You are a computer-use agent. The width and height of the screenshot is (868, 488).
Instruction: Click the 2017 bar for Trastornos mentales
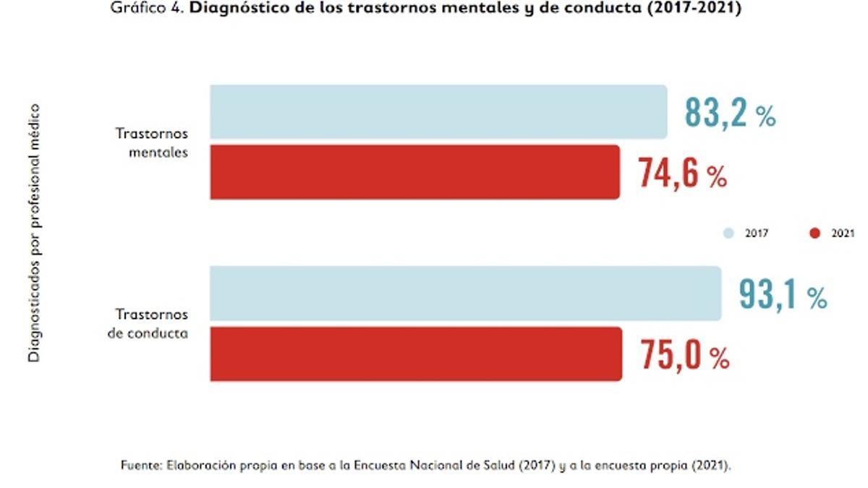pyautogui.click(x=438, y=111)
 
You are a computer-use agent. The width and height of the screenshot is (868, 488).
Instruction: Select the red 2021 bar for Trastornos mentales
pyautogui.click(x=414, y=172)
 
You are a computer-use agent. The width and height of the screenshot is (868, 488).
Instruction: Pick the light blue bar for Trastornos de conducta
pyautogui.click(x=465, y=293)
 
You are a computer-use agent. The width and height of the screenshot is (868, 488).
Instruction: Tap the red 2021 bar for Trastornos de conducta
pyautogui.click(x=416, y=354)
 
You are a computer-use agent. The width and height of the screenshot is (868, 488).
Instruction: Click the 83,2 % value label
pyautogui.click(x=730, y=114)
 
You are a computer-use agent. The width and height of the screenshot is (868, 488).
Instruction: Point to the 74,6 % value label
pyautogui.click(x=682, y=174)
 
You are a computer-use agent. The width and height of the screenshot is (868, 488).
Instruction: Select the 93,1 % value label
pyautogui.click(x=783, y=294)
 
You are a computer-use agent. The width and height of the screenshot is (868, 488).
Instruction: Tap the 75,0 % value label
pyautogui.click(x=684, y=356)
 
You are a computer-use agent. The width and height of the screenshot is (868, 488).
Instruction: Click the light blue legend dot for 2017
pyautogui.click(x=729, y=234)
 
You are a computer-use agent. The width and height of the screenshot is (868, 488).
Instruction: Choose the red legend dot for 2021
pyautogui.click(x=815, y=234)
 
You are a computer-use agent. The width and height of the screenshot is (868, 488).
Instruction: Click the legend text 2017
pyautogui.click(x=757, y=234)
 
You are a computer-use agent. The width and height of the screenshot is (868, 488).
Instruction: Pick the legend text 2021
pyautogui.click(x=842, y=234)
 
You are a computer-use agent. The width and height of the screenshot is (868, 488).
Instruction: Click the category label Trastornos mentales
pyautogui.click(x=152, y=143)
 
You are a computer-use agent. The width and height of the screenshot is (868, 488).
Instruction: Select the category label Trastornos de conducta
pyautogui.click(x=152, y=324)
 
